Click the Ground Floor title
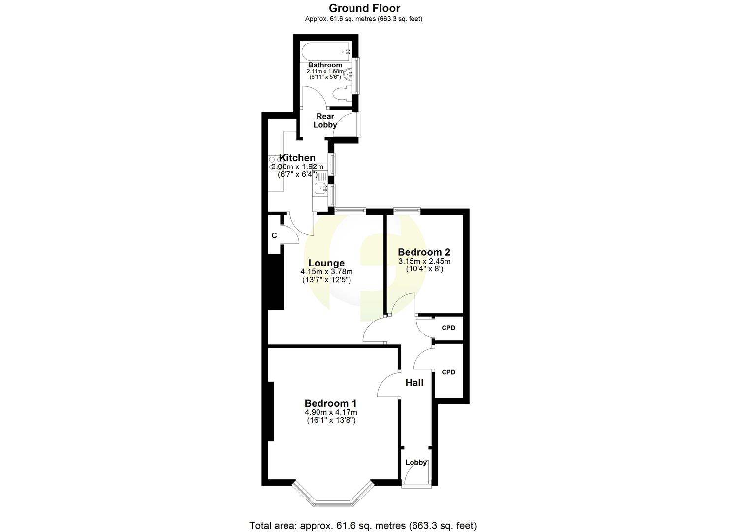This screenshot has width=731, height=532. [364, 8]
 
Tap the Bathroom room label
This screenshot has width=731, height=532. [325, 65]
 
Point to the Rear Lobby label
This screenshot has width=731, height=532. [325, 121]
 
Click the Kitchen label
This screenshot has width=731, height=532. [297, 158]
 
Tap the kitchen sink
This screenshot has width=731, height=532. [320, 188]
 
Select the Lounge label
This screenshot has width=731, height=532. [326, 263]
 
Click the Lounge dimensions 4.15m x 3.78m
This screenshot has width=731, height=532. [326, 272]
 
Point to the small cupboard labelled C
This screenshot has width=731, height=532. [274, 236]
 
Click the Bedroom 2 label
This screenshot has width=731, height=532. [424, 252]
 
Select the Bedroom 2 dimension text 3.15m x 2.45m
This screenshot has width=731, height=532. [424, 261]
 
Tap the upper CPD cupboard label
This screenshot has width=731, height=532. [448, 328]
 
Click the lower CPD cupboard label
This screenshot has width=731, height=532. [448, 372]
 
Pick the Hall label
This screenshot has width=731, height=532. [414, 383]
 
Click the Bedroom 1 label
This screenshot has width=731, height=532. [331, 403]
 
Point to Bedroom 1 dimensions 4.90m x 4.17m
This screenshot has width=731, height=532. [331, 412]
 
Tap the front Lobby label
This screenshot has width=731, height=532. [416, 463]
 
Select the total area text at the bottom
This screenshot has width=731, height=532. [363, 525]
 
